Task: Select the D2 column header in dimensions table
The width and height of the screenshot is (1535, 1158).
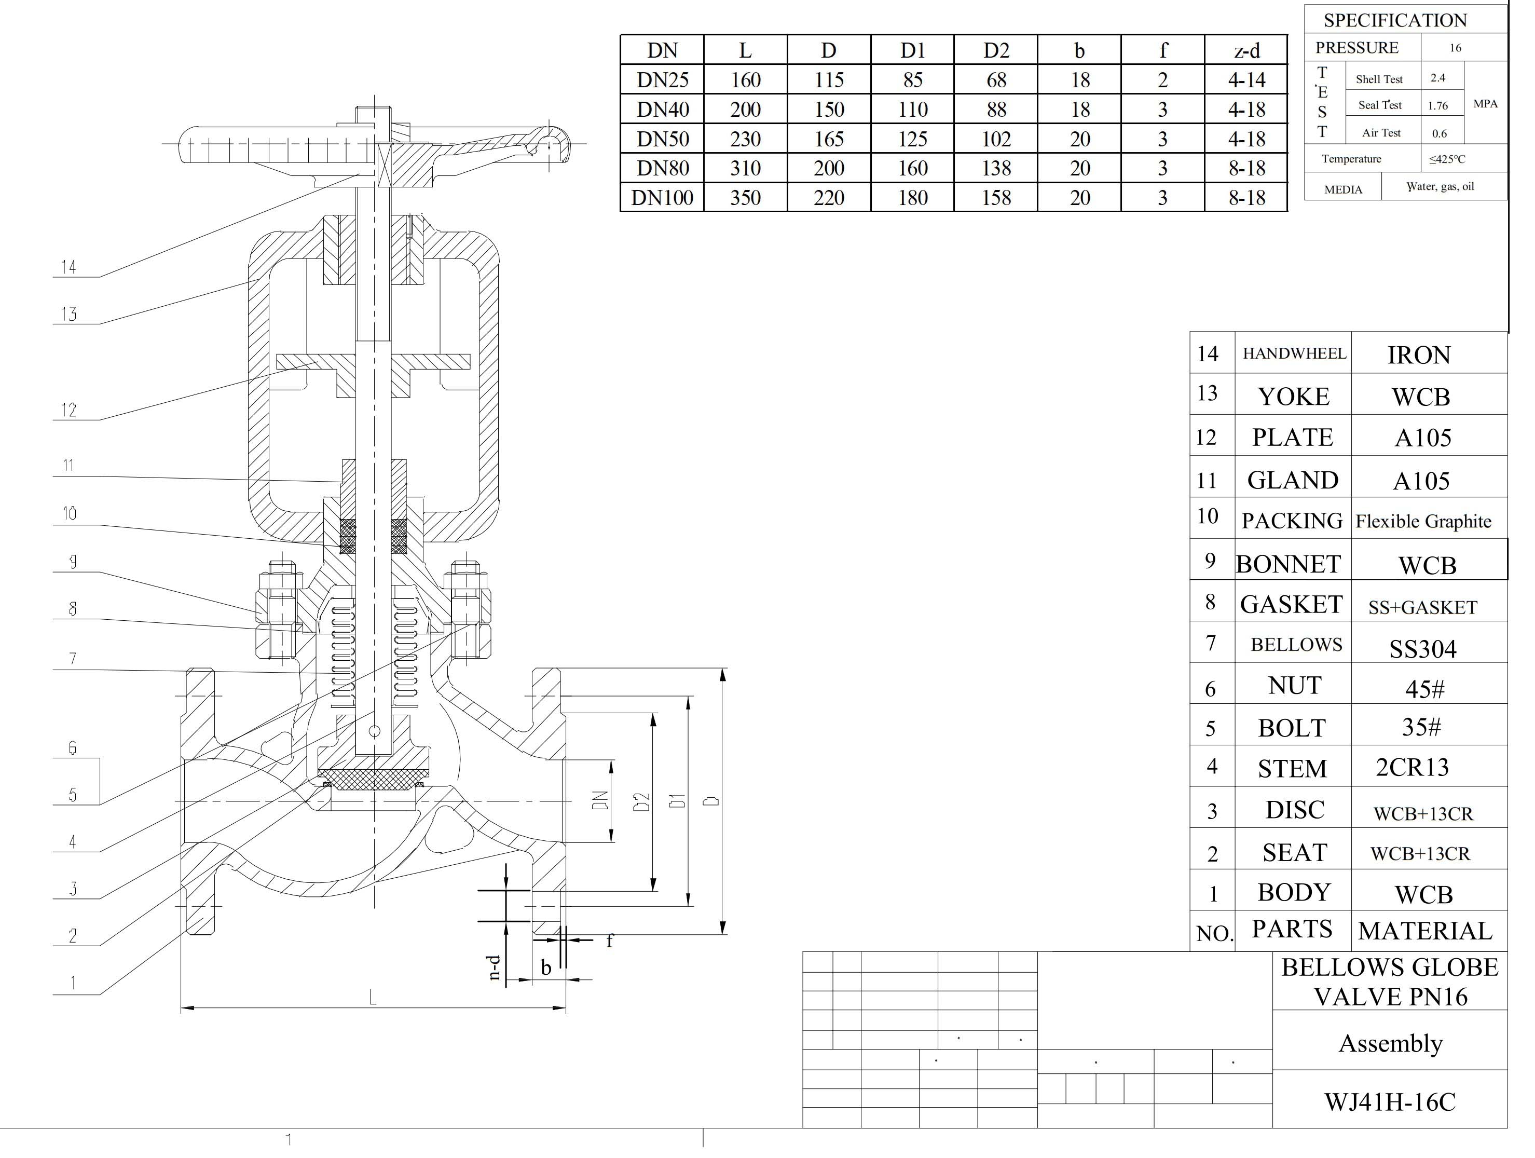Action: pyautogui.click(x=996, y=50)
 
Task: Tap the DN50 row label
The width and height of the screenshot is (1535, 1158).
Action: pyautogui.click(x=662, y=139)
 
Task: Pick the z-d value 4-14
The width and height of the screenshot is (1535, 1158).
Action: pyautogui.click(x=1246, y=80)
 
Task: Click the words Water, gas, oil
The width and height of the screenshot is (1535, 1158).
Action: pyautogui.click(x=1440, y=187)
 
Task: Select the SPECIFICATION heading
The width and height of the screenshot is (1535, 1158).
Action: pyautogui.click(x=1395, y=20)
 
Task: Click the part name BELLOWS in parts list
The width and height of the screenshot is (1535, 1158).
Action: pyautogui.click(x=1296, y=645)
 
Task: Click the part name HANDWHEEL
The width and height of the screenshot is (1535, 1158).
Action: pyautogui.click(x=1294, y=353)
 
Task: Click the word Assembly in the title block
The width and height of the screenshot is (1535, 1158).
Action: pyautogui.click(x=1390, y=1043)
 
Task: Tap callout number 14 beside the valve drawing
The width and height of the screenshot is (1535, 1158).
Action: pyautogui.click(x=68, y=267)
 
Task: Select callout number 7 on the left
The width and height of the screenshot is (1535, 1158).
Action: pyautogui.click(x=73, y=658)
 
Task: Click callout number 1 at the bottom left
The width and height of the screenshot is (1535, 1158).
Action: pyautogui.click(x=73, y=983)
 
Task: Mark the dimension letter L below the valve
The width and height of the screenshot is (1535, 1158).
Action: pyautogui.click(x=373, y=998)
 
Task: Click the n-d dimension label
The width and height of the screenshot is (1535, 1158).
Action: pyautogui.click(x=494, y=966)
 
